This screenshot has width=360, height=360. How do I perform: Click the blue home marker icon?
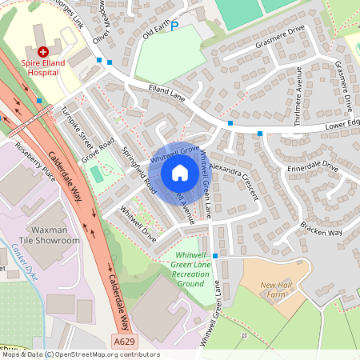coord(180,173)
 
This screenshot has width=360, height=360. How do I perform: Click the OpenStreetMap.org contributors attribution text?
coord(108,354)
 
